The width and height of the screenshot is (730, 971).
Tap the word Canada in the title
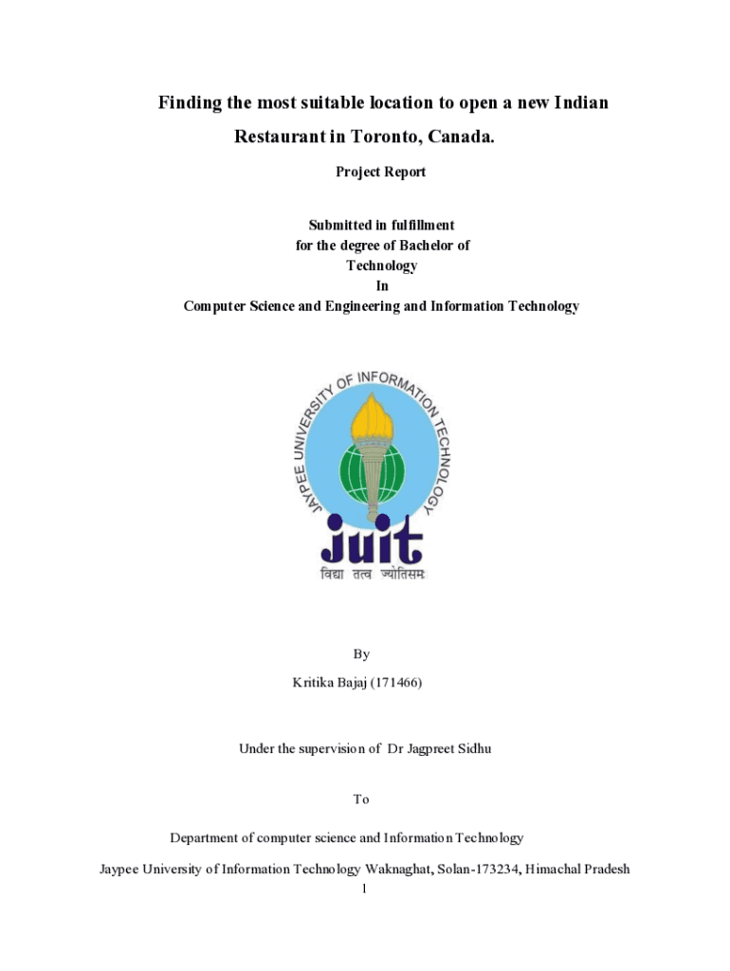click(462, 137)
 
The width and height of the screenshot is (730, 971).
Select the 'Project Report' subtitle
click(381, 172)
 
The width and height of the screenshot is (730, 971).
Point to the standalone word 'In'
click(381, 285)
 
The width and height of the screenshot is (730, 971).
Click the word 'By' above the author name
click(361, 654)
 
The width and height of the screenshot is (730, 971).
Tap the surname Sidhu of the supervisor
click(474, 748)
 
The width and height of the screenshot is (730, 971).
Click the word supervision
click(325, 748)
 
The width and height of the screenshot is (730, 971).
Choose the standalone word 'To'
click(361, 799)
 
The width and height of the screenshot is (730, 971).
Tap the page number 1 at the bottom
click(365, 889)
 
